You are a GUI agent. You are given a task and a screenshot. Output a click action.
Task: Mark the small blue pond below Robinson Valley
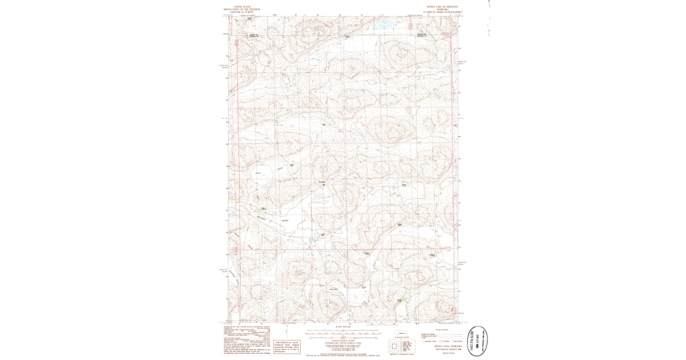(314, 235)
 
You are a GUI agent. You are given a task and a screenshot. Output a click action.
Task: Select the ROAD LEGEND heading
(441, 329)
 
